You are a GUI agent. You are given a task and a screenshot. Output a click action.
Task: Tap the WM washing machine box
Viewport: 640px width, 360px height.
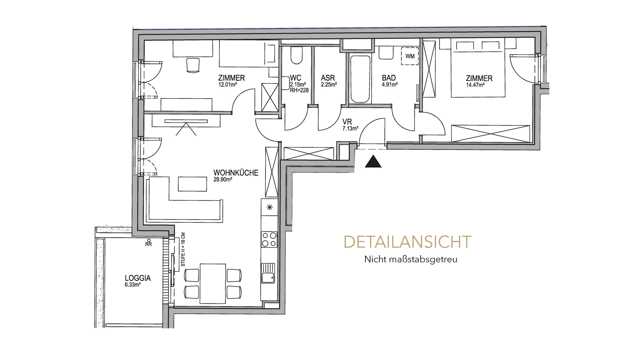point(410,56)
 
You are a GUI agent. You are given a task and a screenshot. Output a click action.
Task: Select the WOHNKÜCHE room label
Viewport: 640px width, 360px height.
point(236,173)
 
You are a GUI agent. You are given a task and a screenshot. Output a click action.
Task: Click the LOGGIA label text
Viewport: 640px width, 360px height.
point(138,278)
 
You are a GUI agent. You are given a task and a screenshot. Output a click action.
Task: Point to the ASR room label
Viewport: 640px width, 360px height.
point(328,78)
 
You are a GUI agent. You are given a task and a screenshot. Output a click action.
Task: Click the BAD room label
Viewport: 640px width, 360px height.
point(389,78)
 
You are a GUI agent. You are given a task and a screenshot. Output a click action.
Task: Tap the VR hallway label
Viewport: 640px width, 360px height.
point(347,122)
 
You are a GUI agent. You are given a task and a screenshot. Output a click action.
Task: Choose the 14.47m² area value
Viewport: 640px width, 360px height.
point(475,85)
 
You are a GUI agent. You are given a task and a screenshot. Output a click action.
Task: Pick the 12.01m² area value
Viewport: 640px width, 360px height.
point(227,85)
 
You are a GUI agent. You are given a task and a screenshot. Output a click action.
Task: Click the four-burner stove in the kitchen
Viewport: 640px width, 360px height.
point(269,239)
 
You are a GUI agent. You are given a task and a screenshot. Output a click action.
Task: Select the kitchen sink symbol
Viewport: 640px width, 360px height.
point(268,273)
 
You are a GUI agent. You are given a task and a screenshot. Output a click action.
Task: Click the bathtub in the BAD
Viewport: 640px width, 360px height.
point(360,79)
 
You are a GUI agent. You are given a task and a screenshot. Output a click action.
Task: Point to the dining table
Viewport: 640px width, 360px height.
point(213,283)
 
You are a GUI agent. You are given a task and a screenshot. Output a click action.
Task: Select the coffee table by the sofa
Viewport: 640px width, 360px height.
point(193,184)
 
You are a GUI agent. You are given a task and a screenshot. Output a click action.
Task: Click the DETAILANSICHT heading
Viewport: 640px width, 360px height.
point(407,242)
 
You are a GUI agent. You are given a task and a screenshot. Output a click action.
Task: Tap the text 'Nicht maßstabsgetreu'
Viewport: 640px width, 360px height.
point(411,259)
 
